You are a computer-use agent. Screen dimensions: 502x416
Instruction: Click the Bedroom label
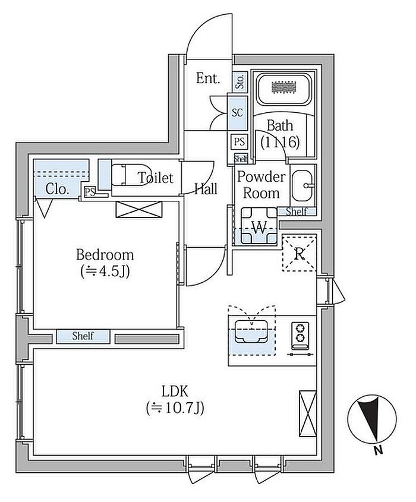coord(105,255)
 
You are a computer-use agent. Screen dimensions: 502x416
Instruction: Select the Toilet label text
coord(155,178)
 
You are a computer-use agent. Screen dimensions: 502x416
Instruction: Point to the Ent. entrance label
coord(208,78)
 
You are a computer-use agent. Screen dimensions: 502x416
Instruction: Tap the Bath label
coord(279,126)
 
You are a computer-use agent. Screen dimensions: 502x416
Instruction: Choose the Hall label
coord(206,190)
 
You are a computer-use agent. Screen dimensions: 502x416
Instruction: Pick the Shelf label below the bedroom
coord(84,336)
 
